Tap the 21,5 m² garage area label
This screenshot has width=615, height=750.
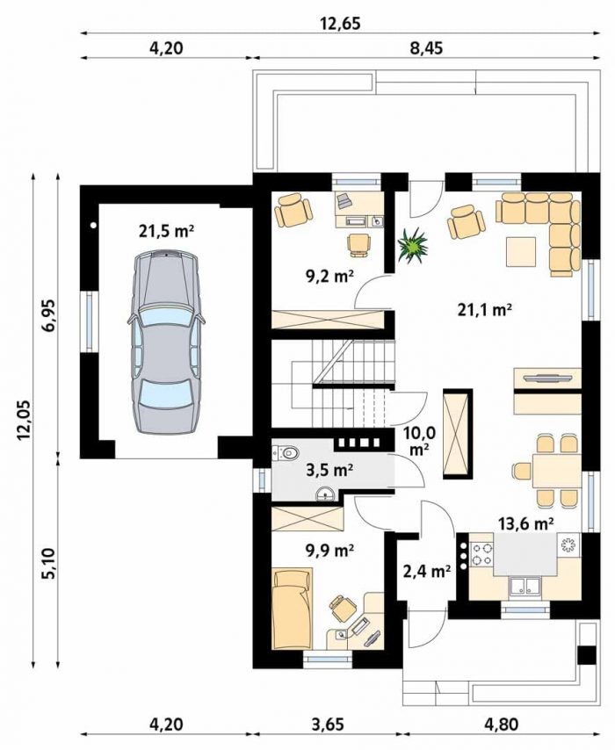pyautogui.click(x=166, y=232)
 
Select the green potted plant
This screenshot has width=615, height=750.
pyautogui.click(x=411, y=245)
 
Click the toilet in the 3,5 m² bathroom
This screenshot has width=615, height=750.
pyautogui.click(x=287, y=451)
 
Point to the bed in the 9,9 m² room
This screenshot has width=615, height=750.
pyautogui.click(x=292, y=609)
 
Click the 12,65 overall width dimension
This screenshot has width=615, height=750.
pyautogui.click(x=340, y=24)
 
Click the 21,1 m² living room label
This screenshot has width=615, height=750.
pyautogui.click(x=485, y=310)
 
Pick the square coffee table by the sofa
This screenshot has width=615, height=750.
pyautogui.click(x=522, y=252)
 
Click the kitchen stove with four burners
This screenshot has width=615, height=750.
pyautogui.click(x=481, y=554)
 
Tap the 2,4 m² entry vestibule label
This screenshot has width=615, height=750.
pyautogui.click(x=427, y=571)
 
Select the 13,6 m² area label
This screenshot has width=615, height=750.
pyautogui.click(x=526, y=524)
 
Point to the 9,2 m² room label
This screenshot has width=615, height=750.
pyautogui.click(x=329, y=276)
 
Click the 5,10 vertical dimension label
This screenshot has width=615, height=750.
pyautogui.click(x=49, y=564)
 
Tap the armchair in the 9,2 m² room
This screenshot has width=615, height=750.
pyautogui.click(x=293, y=210)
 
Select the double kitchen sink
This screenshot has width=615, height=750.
pyautogui.click(x=525, y=586)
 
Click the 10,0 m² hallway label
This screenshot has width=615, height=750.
pyautogui.click(x=419, y=441)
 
